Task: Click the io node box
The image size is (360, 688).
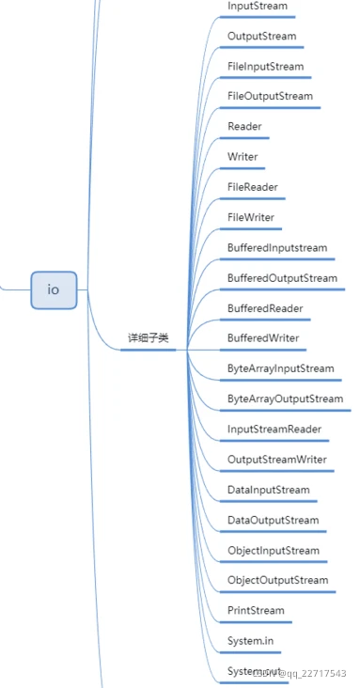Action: (x=54, y=289)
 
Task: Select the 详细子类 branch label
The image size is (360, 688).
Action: (x=149, y=338)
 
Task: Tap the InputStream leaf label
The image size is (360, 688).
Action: (x=257, y=7)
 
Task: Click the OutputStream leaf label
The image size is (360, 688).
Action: (x=261, y=37)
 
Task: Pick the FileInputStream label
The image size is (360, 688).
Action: (x=265, y=67)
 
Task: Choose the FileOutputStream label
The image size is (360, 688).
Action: (x=270, y=97)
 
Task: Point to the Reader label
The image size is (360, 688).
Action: (x=244, y=127)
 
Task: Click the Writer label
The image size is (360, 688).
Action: (x=243, y=157)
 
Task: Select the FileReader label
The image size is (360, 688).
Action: (x=252, y=188)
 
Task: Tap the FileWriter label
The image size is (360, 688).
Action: (x=251, y=218)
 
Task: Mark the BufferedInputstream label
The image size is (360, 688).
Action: (x=276, y=248)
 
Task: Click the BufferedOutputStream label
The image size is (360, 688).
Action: (x=282, y=278)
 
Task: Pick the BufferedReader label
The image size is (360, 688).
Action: (x=265, y=308)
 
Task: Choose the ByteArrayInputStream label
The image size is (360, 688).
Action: (x=280, y=369)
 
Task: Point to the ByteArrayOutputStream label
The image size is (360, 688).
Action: (x=285, y=399)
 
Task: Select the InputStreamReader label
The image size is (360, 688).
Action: (x=274, y=430)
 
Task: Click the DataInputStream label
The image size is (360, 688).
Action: (x=268, y=491)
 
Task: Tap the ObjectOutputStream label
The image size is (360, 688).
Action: (x=277, y=581)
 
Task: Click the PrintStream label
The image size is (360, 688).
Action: (x=255, y=611)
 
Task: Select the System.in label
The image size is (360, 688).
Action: (x=251, y=641)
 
